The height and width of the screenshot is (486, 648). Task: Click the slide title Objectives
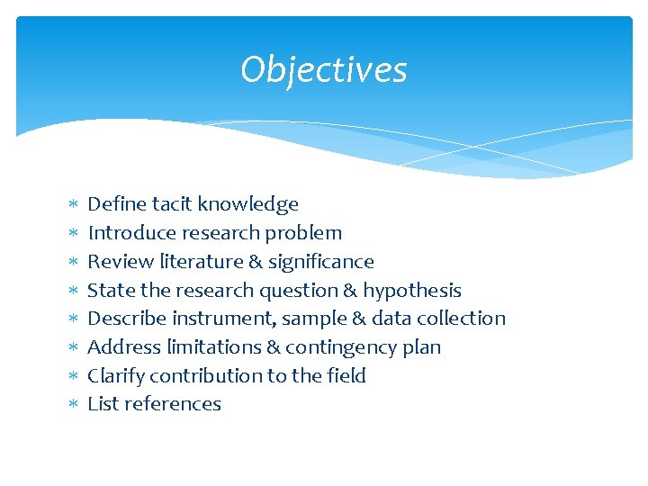tap(323, 70)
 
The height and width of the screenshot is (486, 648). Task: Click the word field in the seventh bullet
tap(346, 376)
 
